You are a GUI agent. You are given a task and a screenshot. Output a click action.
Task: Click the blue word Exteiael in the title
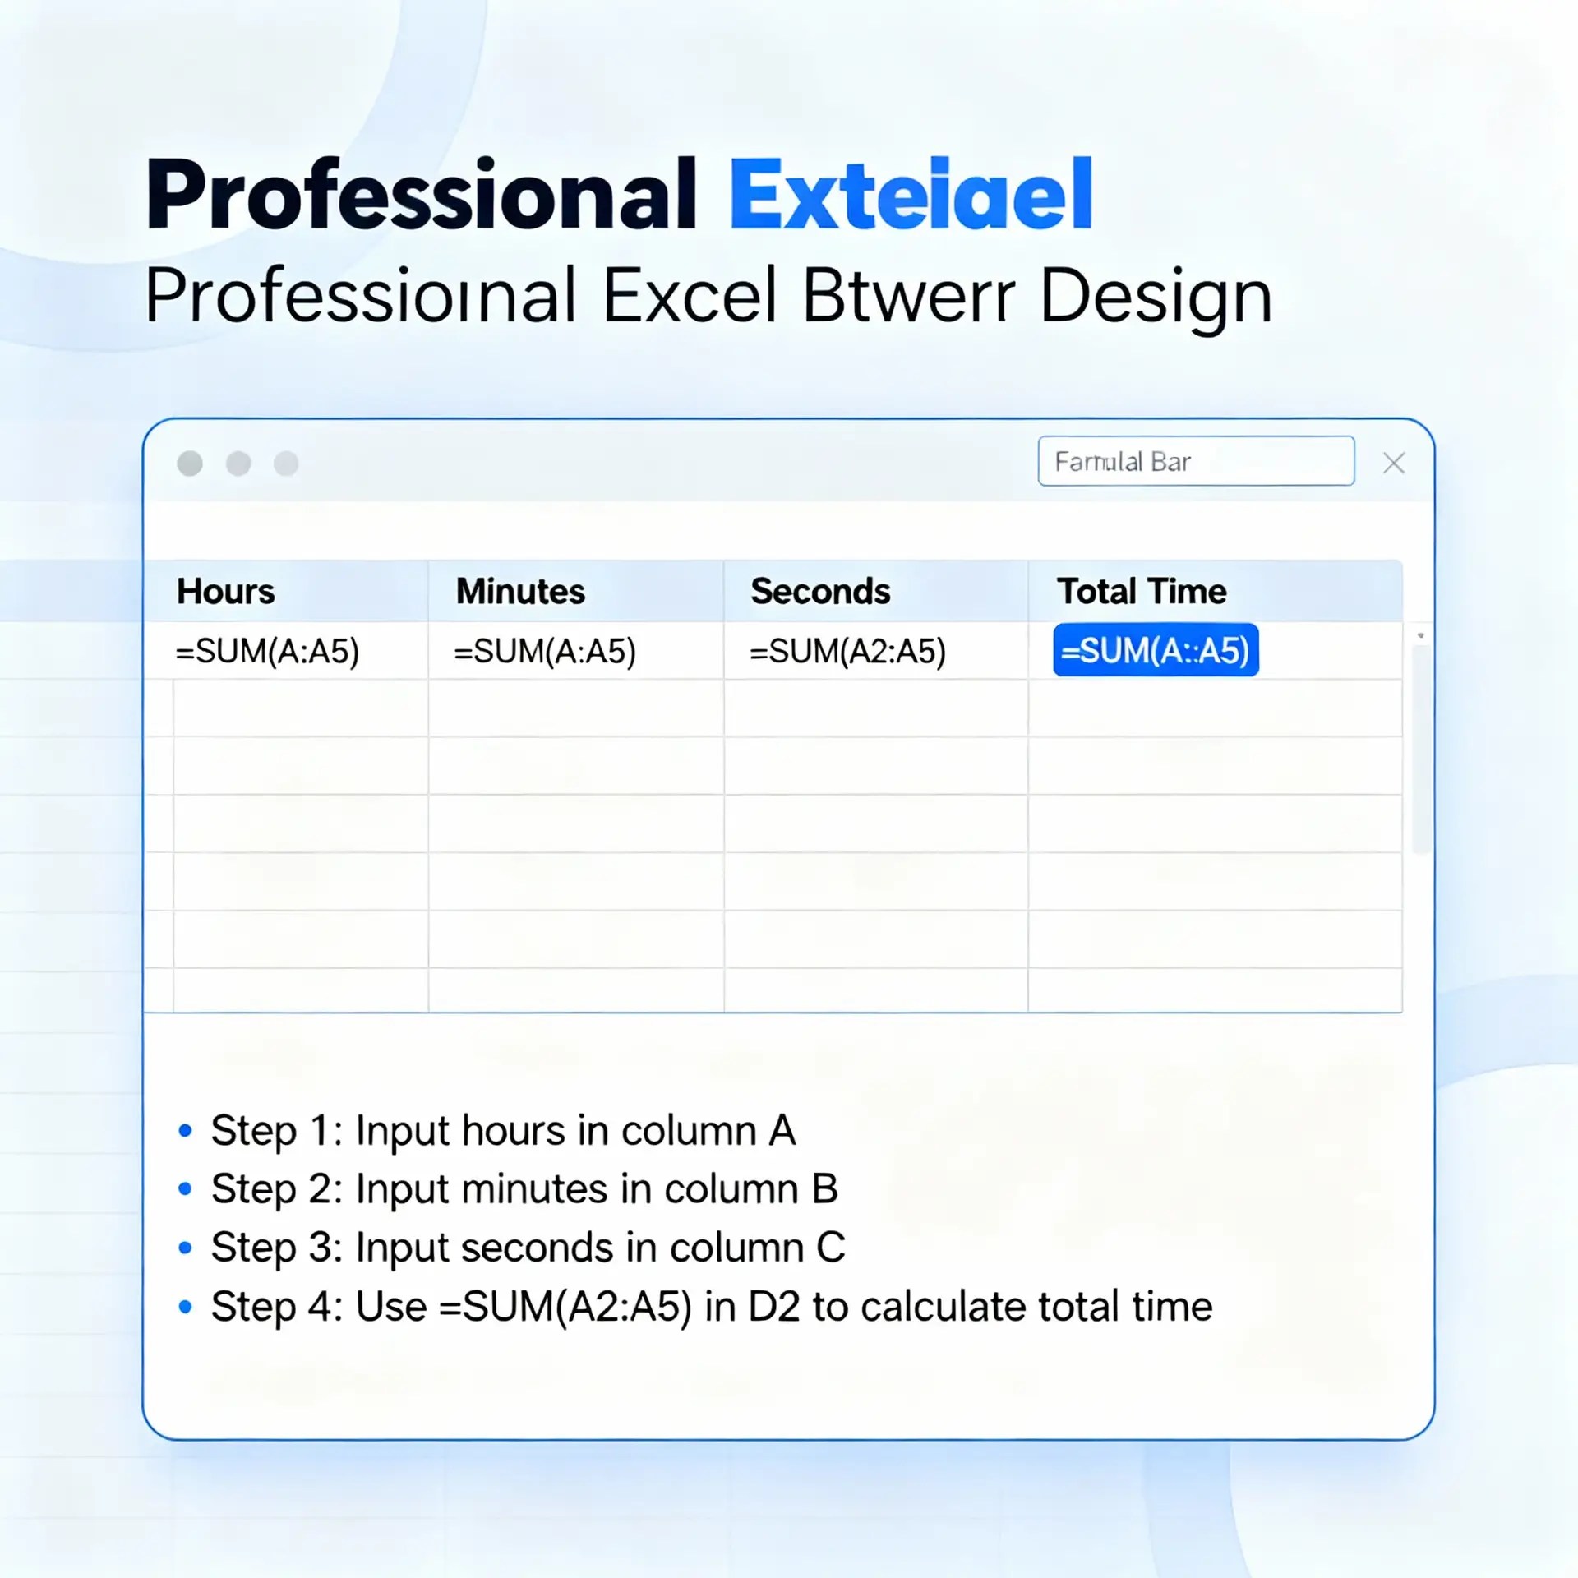tap(911, 196)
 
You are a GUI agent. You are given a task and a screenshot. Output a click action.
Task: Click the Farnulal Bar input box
tap(1195, 462)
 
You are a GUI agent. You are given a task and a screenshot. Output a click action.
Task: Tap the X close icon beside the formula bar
tap(1394, 464)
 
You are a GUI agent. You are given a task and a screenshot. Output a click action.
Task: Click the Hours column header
tap(225, 592)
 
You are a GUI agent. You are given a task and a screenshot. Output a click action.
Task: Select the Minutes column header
tap(520, 592)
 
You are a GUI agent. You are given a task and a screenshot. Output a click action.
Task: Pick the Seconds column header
tap(820, 592)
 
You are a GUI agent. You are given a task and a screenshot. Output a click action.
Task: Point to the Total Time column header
tap(1141, 592)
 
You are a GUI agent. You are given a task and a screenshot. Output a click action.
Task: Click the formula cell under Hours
tap(267, 652)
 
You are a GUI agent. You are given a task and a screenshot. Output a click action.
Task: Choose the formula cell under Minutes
tap(545, 652)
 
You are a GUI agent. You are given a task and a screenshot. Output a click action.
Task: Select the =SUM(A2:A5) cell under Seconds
tap(847, 652)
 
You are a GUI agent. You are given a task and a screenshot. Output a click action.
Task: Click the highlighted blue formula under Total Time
tap(1155, 651)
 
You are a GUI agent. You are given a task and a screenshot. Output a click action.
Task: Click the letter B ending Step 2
tap(824, 1189)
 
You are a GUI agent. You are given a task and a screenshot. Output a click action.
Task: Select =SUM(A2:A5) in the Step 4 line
tap(565, 1307)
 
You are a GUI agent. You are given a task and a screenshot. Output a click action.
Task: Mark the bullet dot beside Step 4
tap(186, 1307)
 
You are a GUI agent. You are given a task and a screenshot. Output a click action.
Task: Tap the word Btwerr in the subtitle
tap(908, 296)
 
